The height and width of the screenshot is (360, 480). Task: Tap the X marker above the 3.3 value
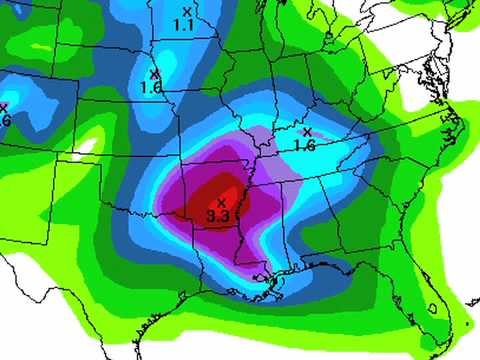[x=221, y=203]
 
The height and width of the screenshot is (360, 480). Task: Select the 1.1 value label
[x=183, y=24]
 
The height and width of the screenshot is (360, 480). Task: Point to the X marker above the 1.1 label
[x=186, y=12]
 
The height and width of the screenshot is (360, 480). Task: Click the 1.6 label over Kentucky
[x=305, y=145]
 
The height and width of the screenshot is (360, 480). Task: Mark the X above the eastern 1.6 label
[x=307, y=132]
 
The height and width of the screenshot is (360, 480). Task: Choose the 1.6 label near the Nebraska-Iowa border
[x=152, y=87]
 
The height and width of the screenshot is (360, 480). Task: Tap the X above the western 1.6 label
[x=153, y=73]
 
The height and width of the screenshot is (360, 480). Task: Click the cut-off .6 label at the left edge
[x=5, y=120]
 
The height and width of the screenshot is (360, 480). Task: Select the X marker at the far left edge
[x=3, y=107]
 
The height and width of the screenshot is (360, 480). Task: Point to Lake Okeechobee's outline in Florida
[x=432, y=309]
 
